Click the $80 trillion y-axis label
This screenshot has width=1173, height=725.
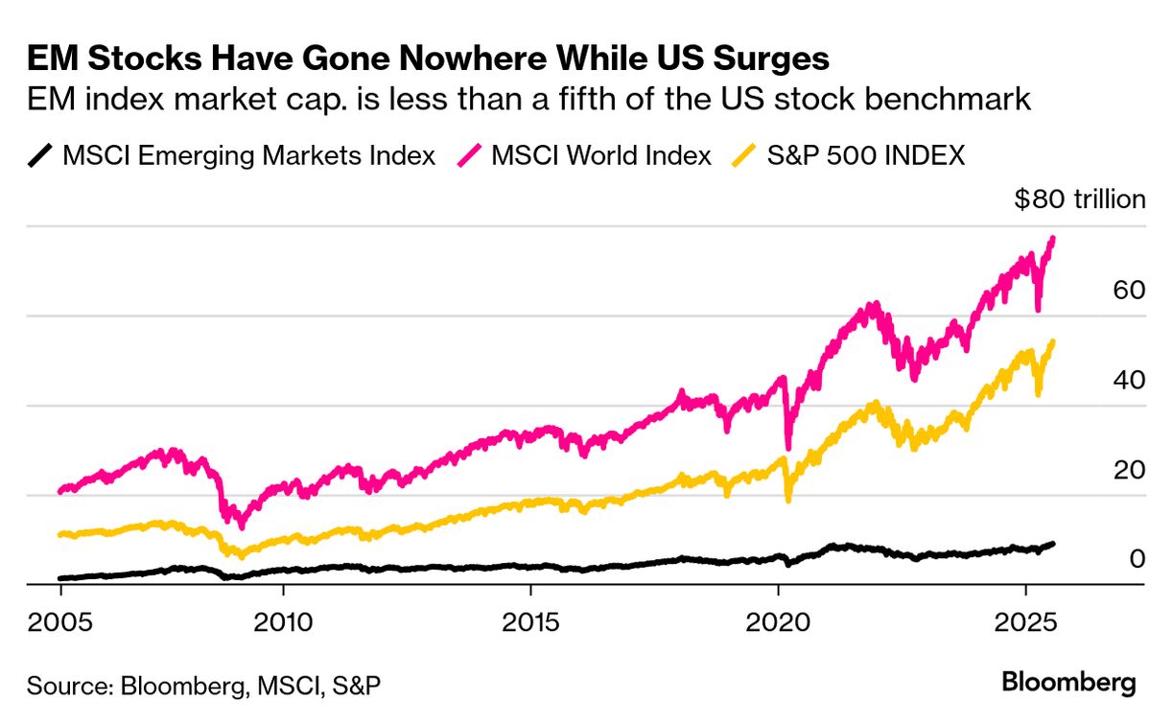pyautogui.click(x=1080, y=199)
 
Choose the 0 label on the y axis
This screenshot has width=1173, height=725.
pyautogui.click(x=1138, y=558)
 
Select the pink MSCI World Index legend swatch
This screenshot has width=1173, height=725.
pyautogui.click(x=469, y=154)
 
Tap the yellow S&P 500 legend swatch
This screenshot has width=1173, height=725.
pyautogui.click(x=745, y=154)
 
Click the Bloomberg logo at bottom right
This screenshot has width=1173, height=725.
pyautogui.click(x=1068, y=683)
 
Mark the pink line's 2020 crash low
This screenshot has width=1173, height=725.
pyautogui.click(x=788, y=447)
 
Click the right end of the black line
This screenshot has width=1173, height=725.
pyautogui.click(x=1054, y=543)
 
